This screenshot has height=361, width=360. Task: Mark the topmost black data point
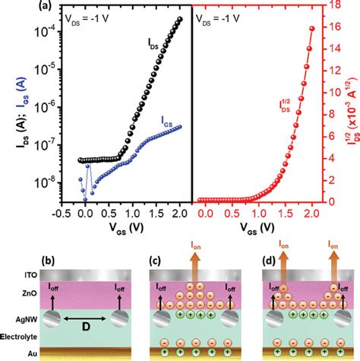coord(179,19)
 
